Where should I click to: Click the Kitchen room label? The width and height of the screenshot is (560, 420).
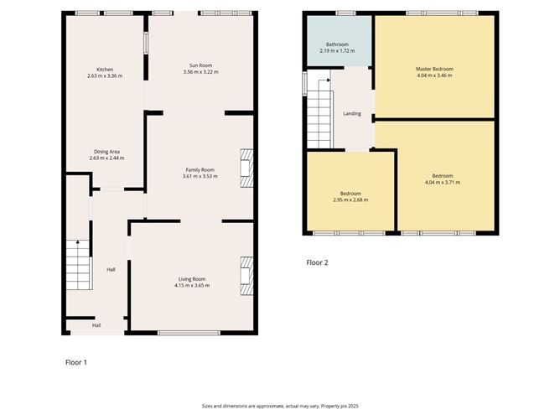tap(105, 70)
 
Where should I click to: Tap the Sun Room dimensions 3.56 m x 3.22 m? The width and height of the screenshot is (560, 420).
tap(200, 73)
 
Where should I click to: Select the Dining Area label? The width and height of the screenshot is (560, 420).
tap(105, 152)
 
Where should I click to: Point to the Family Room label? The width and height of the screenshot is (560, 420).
tap(200, 169)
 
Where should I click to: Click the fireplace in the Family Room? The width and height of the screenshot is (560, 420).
tap(246, 168)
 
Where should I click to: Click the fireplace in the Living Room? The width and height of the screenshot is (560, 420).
tap(246, 276)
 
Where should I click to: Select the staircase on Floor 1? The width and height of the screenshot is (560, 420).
tap(78, 265)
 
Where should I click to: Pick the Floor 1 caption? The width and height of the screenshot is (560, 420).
tap(75, 362)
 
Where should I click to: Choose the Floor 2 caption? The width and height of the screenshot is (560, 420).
tap(317, 262)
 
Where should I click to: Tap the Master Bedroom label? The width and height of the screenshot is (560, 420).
tap(434, 69)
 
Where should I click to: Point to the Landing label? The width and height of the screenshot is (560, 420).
tap(352, 113)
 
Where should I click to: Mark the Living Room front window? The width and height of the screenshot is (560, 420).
tap(189, 334)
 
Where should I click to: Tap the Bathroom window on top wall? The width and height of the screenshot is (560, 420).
tap(345, 13)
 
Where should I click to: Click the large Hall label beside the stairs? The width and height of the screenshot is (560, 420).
tap(111, 269)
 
